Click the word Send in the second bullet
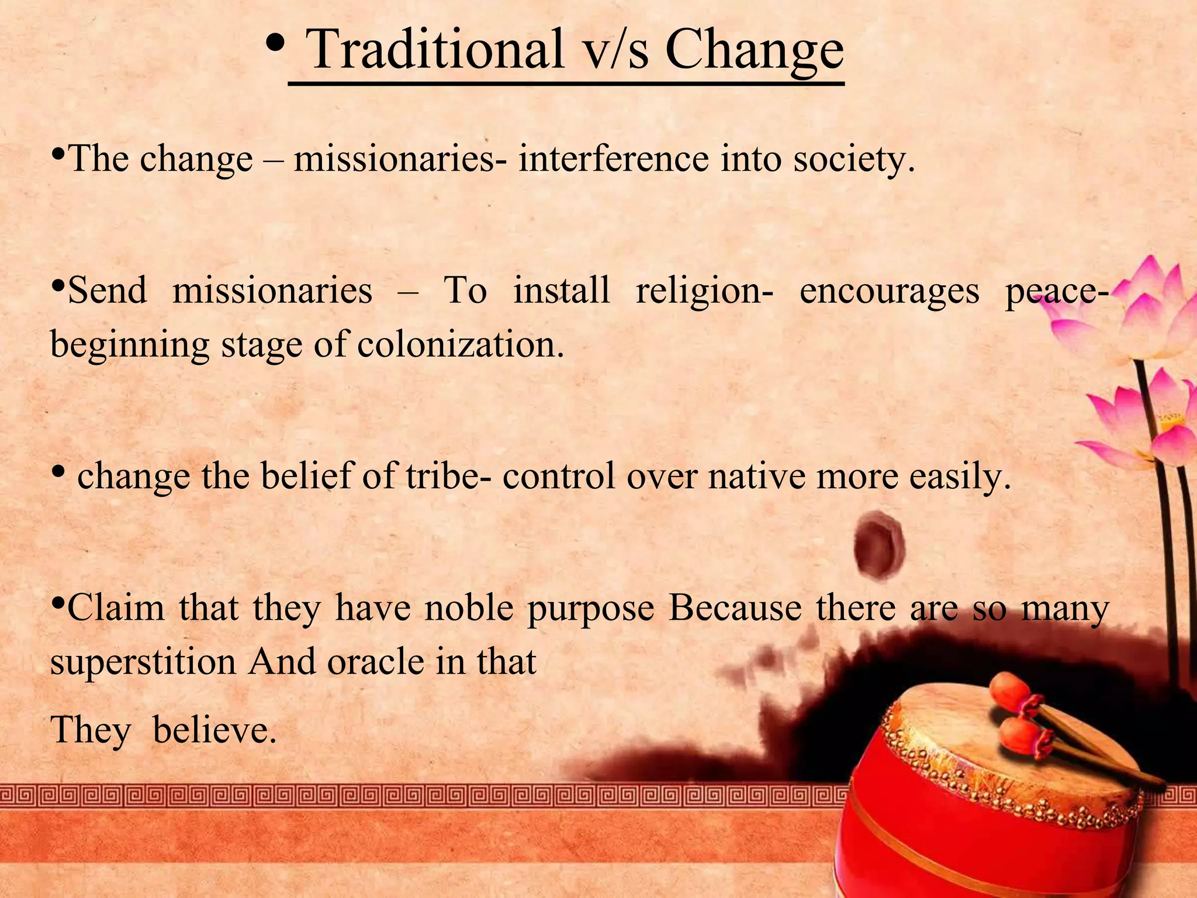107,291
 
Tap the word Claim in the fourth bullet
116,608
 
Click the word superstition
143,662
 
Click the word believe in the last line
214,730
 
